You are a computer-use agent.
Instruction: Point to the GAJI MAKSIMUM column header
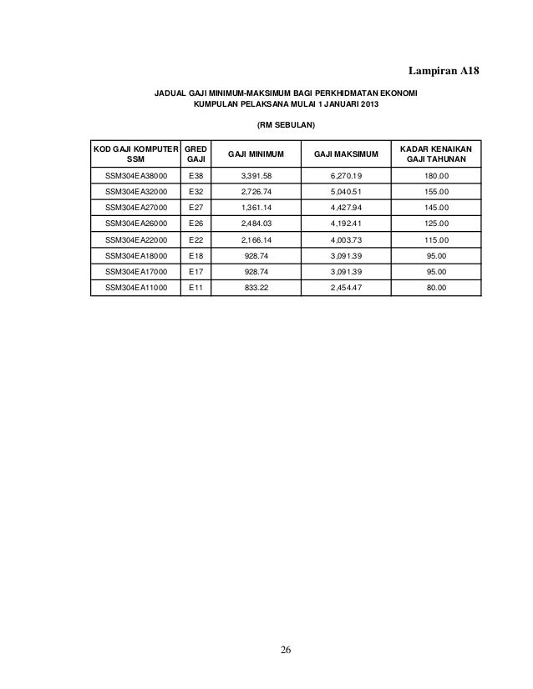(345, 153)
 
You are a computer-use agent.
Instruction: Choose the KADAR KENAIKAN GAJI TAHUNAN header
(437, 153)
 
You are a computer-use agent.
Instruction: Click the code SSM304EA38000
(135, 176)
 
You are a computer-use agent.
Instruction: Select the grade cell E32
(196, 192)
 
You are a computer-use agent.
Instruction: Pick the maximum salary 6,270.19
(345, 176)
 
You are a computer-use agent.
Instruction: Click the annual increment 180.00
(437, 176)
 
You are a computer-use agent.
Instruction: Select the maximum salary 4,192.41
(345, 224)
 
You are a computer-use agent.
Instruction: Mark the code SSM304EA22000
(135, 239)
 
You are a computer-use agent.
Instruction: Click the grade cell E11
(196, 287)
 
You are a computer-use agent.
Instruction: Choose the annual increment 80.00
(437, 287)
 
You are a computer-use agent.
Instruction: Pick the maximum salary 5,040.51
(345, 192)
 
